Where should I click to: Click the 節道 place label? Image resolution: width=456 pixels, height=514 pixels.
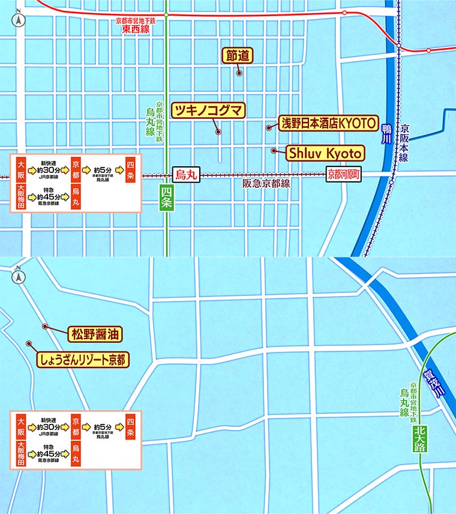pyautogui.click(x=237, y=55)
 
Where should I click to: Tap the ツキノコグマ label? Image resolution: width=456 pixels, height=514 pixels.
pyautogui.click(x=208, y=110)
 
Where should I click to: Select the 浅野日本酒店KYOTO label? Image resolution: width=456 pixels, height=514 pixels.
pyautogui.click(x=328, y=124)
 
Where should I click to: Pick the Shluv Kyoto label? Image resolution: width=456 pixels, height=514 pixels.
pyautogui.click(x=324, y=153)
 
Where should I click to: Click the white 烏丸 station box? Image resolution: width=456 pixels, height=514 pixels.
pyautogui.click(x=185, y=175)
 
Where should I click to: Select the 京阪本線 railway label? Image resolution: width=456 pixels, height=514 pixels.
pyautogui.click(x=404, y=143)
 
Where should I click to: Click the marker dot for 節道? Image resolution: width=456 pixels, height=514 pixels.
pyautogui.click(x=239, y=74)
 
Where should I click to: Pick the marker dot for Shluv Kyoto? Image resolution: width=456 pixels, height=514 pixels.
pyautogui.click(x=274, y=151)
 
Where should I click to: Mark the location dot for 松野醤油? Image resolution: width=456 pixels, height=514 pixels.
pyautogui.click(x=45, y=327)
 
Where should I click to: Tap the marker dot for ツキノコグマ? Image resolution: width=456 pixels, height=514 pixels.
pyautogui.click(x=218, y=132)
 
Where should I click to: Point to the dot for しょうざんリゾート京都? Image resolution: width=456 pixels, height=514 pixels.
pyautogui.click(x=29, y=343)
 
